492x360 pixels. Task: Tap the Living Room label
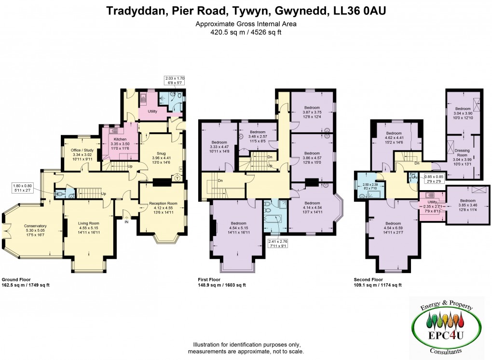click(x=89, y=223)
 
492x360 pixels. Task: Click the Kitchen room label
click(x=120, y=139)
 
